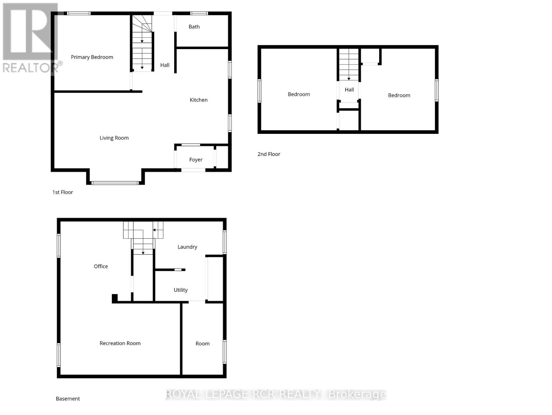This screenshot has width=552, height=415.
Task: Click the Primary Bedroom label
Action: (92, 57)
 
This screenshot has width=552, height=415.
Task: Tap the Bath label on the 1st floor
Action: (194, 27)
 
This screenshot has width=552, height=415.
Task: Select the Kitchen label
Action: (198, 100)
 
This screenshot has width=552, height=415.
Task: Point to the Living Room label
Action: (114, 138)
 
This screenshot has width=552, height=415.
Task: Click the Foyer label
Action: (196, 160)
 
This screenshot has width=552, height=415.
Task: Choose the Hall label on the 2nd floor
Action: (349, 90)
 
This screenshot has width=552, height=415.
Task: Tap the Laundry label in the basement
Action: (187, 247)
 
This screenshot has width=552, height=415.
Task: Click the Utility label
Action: (180, 290)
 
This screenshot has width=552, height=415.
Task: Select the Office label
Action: (100, 266)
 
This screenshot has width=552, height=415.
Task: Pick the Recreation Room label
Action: (120, 343)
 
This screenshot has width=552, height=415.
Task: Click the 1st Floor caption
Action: (62, 192)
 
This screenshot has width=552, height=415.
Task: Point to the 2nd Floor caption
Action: (269, 154)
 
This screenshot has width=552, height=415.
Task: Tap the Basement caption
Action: (68, 399)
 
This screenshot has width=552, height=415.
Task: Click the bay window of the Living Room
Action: (115, 183)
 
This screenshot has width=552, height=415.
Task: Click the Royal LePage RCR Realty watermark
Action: (276, 394)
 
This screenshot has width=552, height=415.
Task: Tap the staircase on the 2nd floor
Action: (349, 65)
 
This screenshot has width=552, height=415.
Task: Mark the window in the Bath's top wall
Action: (199, 13)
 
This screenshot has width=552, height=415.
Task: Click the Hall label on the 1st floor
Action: (165, 65)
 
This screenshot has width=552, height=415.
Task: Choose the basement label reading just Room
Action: (203, 343)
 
